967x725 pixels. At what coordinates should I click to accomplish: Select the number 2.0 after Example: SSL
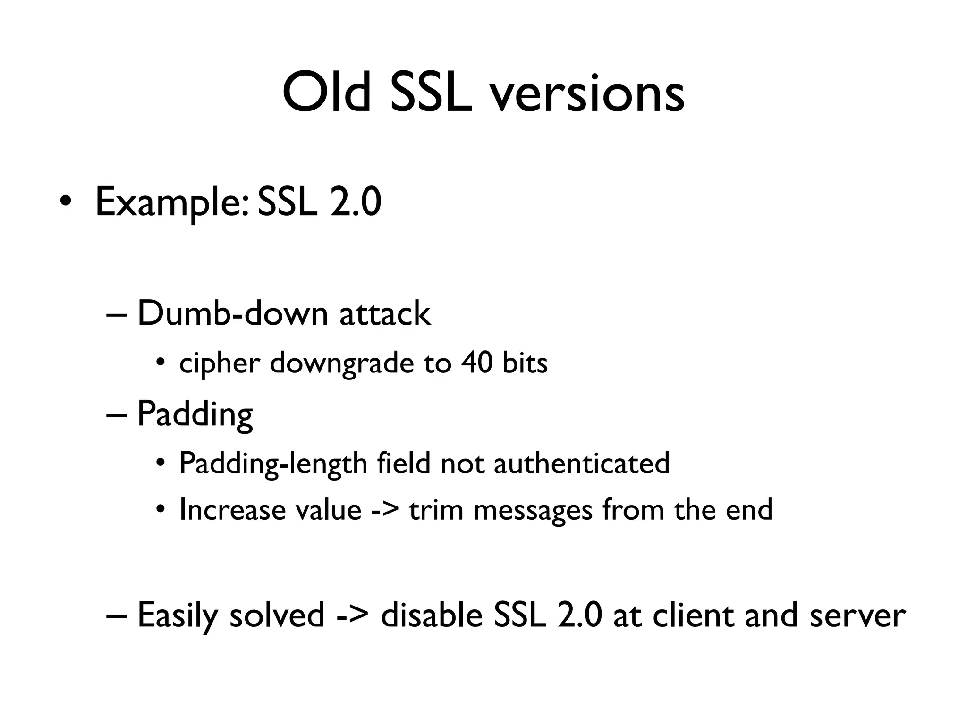(355, 202)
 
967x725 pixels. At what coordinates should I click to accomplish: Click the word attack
(385, 314)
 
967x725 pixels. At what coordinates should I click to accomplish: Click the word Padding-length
(273, 464)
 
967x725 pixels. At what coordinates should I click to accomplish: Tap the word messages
(532, 511)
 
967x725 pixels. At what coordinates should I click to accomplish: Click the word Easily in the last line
(178, 616)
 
